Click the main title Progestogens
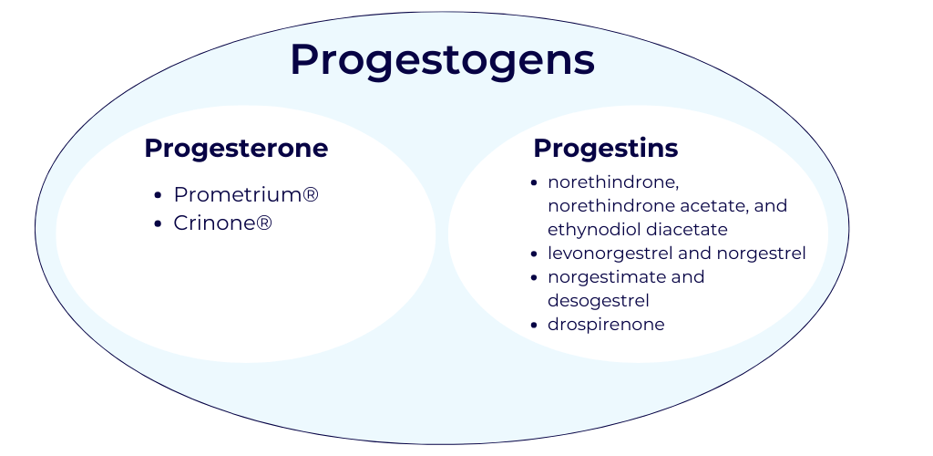click(442, 60)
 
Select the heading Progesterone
click(236, 149)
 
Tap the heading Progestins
click(606, 149)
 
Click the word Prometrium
click(238, 194)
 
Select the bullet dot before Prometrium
click(158, 195)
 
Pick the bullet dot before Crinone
click(158, 223)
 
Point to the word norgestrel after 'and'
click(761, 254)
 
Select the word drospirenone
click(606, 325)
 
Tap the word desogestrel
click(598, 301)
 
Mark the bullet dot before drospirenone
click(534, 325)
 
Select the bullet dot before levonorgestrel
click(534, 254)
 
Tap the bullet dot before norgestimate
click(534, 278)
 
